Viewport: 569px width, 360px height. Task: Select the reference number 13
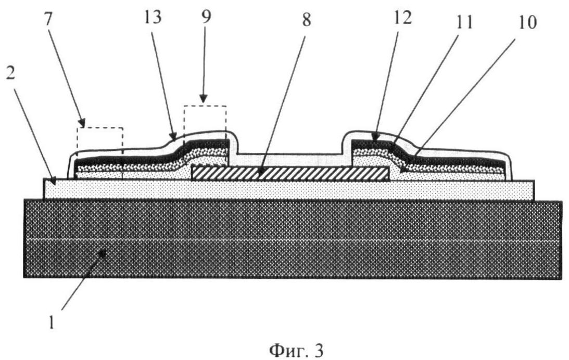click(x=153, y=17)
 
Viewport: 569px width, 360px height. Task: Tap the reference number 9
click(x=206, y=16)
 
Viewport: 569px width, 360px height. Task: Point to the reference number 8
click(x=307, y=20)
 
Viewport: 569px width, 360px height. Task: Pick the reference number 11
click(x=465, y=22)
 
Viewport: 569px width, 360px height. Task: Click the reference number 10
click(x=528, y=22)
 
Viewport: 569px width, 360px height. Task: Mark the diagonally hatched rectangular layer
click(x=290, y=174)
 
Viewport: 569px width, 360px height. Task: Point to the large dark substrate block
click(x=293, y=239)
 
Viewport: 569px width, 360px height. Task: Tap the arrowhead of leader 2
click(x=53, y=179)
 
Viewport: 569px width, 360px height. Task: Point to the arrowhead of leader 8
click(x=260, y=175)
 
